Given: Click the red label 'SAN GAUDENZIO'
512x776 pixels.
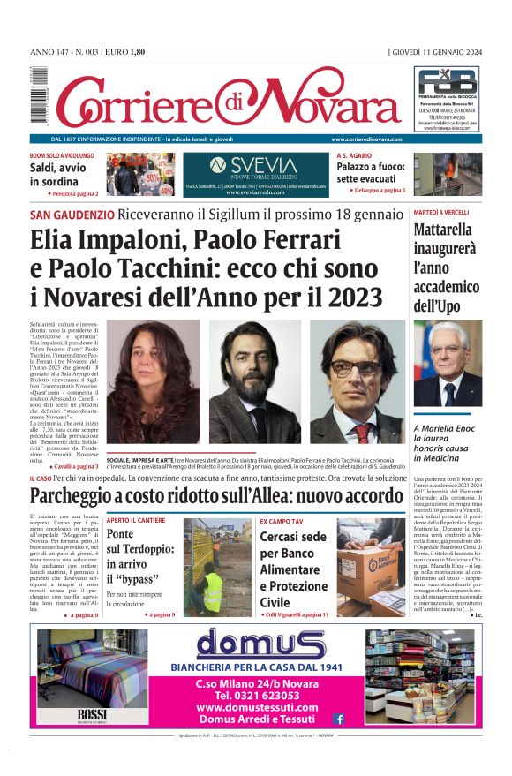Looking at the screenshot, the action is coord(72,215).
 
